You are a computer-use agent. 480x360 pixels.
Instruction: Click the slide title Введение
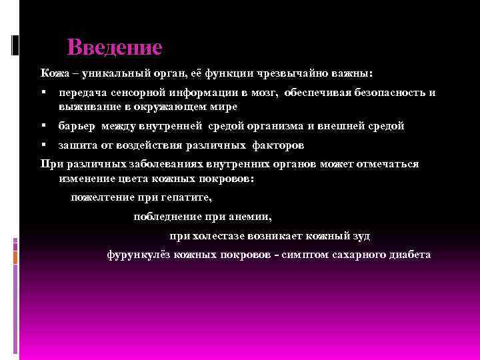[x=115, y=48]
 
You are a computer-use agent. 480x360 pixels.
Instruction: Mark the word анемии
[x=249, y=217]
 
